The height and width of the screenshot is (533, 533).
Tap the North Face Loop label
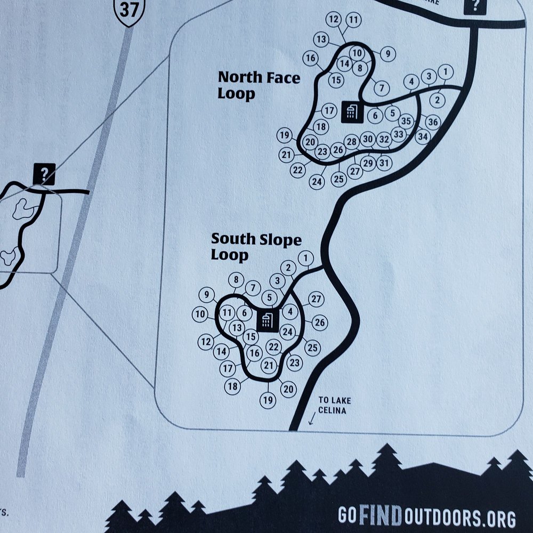coord(259,85)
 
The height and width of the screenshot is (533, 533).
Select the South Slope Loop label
coord(256,247)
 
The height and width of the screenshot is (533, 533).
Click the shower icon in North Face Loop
coord(351,111)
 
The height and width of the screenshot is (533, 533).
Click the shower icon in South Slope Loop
coord(267,321)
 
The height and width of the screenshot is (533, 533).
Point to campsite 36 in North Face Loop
coord(433,122)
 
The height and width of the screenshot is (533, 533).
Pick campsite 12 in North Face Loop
coord(334,20)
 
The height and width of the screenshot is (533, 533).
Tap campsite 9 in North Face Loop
coord(388,53)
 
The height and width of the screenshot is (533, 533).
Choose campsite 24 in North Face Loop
coord(317,182)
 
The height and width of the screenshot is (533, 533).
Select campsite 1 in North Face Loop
coord(447,71)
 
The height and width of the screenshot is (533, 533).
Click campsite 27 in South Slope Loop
coord(317,299)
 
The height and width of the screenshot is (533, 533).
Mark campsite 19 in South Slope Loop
coord(268,399)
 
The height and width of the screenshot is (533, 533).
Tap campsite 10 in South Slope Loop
coord(200,314)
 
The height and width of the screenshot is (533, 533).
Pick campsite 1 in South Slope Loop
coord(305,259)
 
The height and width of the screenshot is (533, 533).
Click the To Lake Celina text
coord(334,405)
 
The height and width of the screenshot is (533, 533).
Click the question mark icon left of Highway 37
coord(44,173)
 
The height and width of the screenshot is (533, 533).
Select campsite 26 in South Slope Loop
coord(320,322)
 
